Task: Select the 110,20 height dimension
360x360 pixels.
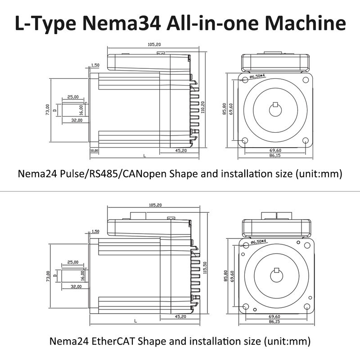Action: click(203, 107)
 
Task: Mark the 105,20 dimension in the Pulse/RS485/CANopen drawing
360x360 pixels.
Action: click(154, 44)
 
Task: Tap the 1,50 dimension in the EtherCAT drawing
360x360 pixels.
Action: click(95, 232)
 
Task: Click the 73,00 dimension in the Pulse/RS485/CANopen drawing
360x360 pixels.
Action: click(48, 110)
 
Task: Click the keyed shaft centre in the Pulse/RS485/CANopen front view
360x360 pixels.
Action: click(275, 109)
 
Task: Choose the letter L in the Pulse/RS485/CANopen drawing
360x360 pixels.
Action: click(144, 155)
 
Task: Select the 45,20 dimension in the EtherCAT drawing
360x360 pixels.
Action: click(180, 317)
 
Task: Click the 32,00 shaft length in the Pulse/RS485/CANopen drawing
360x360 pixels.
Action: click(76, 121)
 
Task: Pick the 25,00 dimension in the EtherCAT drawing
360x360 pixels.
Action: click(72, 262)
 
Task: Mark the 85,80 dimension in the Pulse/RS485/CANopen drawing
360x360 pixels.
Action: click(224, 109)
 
